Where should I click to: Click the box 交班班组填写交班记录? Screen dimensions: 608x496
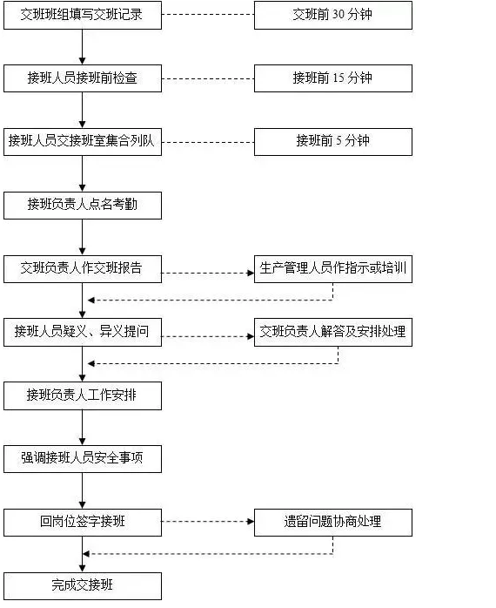[82, 15]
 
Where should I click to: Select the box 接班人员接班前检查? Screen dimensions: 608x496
[82, 78]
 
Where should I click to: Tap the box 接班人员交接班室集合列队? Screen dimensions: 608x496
[82, 141]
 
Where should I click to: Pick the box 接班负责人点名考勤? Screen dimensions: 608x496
[82, 205]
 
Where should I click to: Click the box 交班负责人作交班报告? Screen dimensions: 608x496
[82, 268]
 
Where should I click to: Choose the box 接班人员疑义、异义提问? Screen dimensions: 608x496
[82, 332]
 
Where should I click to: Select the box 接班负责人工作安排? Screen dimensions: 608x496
[82, 395]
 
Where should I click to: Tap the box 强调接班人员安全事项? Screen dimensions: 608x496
[82, 458]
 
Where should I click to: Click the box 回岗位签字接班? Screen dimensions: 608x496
[82, 522]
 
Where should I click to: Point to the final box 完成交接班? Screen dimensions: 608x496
[82, 585]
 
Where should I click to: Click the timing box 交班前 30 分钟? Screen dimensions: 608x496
[332, 15]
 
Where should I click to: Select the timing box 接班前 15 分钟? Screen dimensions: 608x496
[332, 78]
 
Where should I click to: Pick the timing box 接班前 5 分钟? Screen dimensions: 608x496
[332, 141]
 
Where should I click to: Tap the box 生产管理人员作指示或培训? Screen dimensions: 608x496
[332, 268]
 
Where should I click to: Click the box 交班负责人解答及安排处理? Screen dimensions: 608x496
[332, 332]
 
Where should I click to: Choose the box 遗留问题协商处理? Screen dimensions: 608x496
[332, 522]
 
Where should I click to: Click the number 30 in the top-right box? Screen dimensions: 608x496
[339, 15]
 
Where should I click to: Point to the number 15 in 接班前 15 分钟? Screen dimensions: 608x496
[339, 78]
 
